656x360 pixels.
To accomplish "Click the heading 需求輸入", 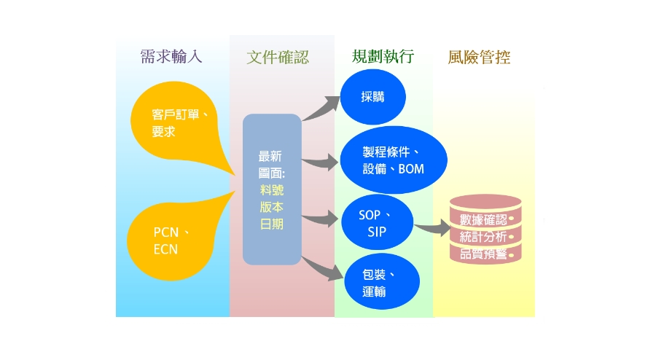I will pos(171,58).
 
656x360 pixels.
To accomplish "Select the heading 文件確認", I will pos(277,58).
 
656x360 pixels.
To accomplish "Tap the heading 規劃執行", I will pos(382,57).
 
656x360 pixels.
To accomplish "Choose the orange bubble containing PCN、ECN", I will pos(171,240).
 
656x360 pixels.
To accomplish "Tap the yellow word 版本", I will pos(271,207).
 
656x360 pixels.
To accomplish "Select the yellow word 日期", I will pos(271,224).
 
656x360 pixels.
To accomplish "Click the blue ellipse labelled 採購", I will pos(372,98).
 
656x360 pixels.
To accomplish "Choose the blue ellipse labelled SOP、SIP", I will pos(376,223).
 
